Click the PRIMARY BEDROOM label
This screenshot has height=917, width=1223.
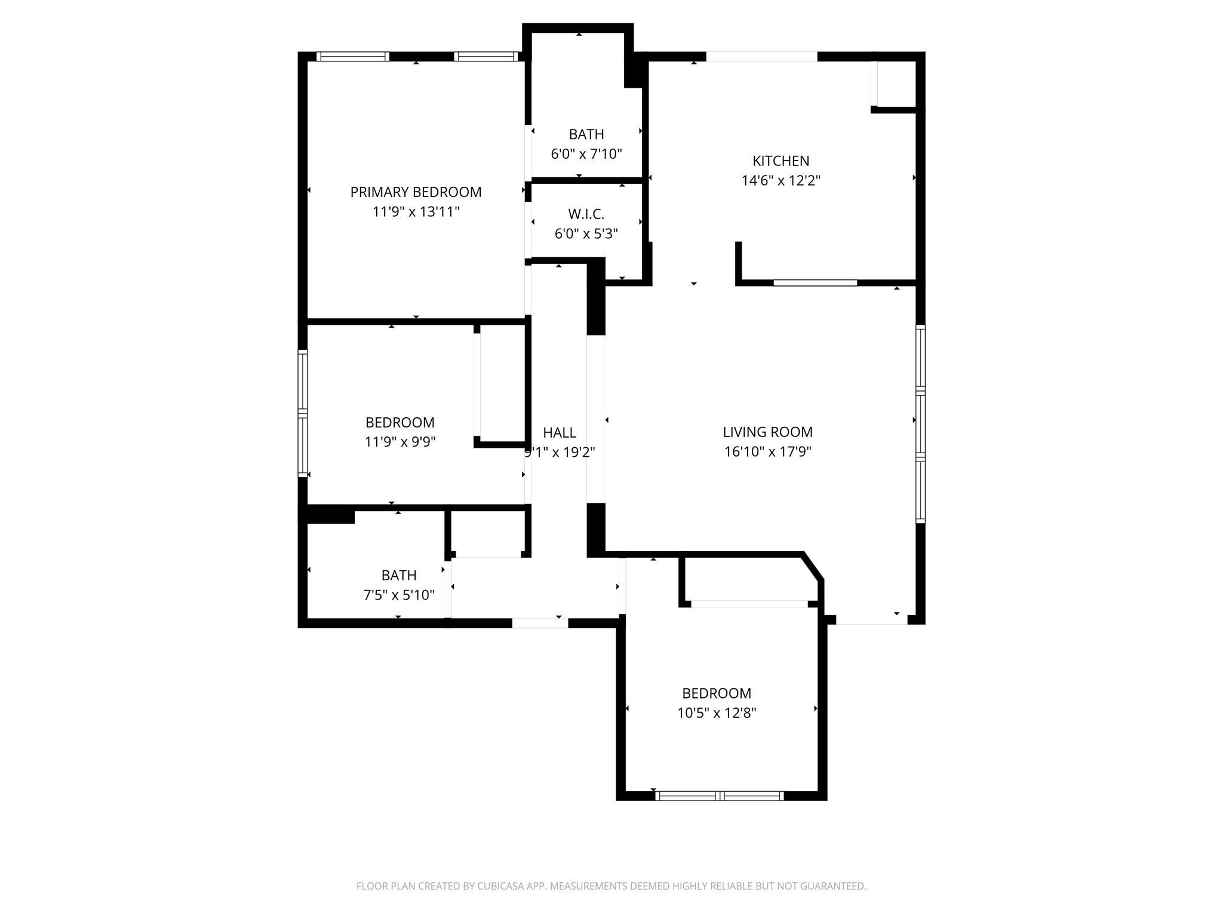[416, 192]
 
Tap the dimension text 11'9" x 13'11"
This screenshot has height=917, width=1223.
[416, 212]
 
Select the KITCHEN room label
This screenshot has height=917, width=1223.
[780, 161]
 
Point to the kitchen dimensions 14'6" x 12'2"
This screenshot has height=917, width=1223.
[780, 181]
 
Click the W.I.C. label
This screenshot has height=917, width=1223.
[586, 214]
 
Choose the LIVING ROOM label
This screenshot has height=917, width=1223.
[767, 432]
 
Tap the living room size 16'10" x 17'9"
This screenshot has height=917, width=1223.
[767, 452]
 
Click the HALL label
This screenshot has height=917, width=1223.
[560, 433]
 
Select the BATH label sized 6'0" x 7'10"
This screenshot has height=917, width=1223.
[586, 134]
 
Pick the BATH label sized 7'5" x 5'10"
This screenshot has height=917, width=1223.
[399, 576]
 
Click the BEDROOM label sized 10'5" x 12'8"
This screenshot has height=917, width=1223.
[717, 694]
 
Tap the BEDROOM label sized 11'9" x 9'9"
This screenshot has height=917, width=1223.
[400, 423]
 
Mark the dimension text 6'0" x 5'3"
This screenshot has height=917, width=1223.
[586, 234]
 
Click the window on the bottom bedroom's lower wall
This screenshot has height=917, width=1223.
[719, 796]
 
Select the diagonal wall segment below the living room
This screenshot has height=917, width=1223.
[813, 567]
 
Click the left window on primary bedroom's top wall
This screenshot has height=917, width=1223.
[352, 57]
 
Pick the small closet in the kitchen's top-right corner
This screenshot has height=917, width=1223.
[896, 84]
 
